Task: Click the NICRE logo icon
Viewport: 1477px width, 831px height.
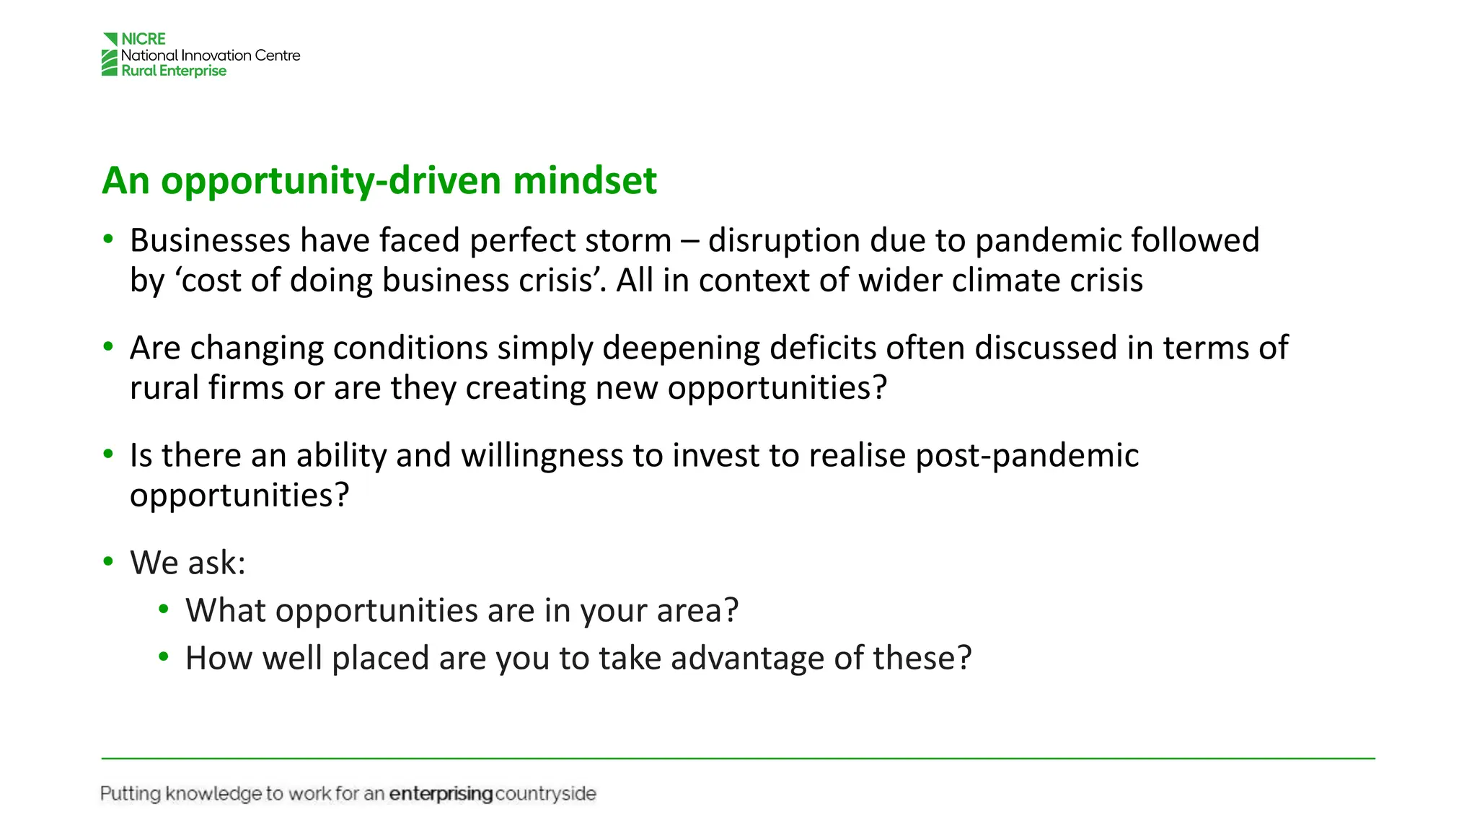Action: tap(110, 55)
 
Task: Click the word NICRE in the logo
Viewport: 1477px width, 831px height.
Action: tap(144, 39)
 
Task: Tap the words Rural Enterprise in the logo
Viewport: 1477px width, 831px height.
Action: tap(174, 71)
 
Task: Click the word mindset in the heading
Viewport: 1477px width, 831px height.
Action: tap(584, 180)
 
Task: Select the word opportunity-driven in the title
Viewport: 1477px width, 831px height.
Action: tap(331, 180)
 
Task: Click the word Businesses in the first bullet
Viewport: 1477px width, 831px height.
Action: tap(210, 240)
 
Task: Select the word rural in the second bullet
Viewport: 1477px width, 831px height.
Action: tap(164, 387)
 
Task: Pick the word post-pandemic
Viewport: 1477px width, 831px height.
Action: tap(1027, 455)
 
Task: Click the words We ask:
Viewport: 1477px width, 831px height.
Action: tap(188, 563)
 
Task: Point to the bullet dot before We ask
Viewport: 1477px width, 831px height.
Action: tap(108, 561)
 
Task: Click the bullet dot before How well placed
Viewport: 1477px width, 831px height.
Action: tap(164, 656)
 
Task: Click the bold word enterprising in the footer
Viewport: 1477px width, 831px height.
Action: tap(441, 794)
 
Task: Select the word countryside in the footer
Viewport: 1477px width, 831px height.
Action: tap(546, 794)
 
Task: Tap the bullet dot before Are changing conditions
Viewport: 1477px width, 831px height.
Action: tap(108, 347)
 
